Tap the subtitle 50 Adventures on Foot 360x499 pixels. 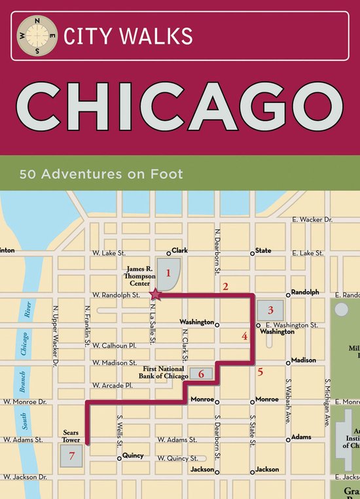[x=101, y=175]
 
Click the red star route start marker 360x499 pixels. [x=157, y=295]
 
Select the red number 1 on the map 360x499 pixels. [x=168, y=272]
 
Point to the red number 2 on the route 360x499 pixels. [x=225, y=286]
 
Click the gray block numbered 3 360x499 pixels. [x=270, y=310]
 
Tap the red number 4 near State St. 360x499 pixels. [x=244, y=337]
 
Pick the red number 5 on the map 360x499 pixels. [x=261, y=373]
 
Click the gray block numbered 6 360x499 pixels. [x=202, y=374]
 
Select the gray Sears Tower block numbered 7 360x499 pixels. [x=72, y=455]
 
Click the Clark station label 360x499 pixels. [x=179, y=250]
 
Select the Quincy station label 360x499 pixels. [x=133, y=456]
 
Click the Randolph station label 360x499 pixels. [x=304, y=292]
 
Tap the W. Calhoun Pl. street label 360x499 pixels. [x=114, y=345]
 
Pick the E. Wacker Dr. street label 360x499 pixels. [x=312, y=220]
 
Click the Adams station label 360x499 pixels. [x=301, y=437]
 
